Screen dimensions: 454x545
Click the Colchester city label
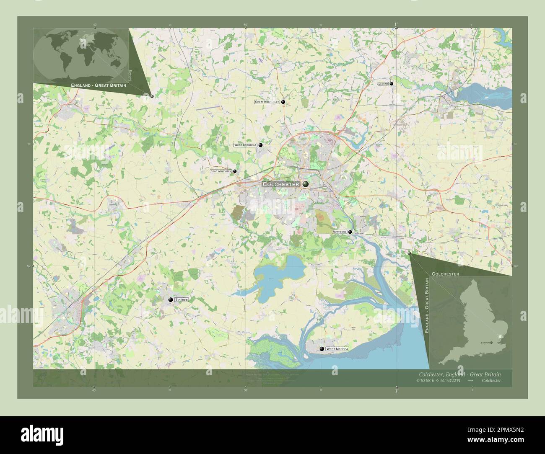coord(281,184)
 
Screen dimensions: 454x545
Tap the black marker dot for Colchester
coord(306,184)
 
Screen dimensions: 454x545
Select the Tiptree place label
coord(182,300)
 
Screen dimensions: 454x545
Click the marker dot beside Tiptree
coord(171,300)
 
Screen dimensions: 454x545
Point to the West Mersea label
coord(337,348)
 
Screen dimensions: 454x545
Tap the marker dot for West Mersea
coord(322,348)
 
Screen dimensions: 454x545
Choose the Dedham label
coord(383,84)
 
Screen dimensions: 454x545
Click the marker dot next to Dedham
coord(392,84)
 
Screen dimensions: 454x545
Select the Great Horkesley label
coord(267,102)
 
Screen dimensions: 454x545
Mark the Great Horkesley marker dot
coord(283,102)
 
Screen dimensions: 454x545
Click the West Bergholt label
coord(245,145)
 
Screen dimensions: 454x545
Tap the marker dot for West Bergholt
coord(260,145)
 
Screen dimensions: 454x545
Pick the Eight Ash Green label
coord(221,171)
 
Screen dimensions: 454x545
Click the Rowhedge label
coord(339,232)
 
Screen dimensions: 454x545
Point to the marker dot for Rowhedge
coord(350,232)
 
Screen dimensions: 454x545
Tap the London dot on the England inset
coord(492,342)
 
